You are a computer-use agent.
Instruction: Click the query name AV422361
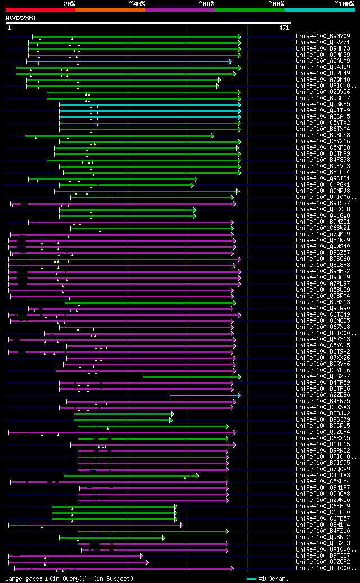coord(21,18)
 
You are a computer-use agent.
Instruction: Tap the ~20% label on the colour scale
coord(69,3)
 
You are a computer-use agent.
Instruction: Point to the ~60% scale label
coord(206,3)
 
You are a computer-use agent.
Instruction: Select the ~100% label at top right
coord(344,3)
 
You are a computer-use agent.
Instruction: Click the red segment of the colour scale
coord(40,10)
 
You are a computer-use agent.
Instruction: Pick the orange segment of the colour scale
coord(110,10)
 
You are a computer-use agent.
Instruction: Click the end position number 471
coord(283,28)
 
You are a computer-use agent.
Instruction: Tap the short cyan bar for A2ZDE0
coord(205,395)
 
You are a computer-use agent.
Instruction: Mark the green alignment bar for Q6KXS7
coord(191,377)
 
